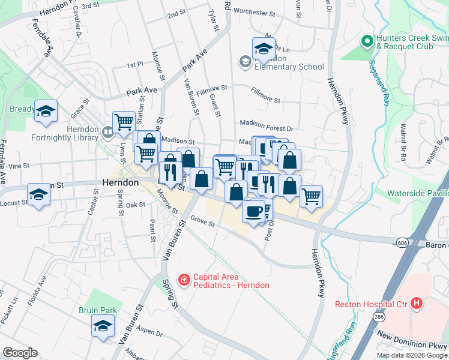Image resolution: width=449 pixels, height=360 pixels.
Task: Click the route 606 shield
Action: click(402, 241)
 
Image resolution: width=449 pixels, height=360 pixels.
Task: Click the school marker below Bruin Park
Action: click(103, 326)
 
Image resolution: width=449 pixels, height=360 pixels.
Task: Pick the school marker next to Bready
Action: click(46, 112)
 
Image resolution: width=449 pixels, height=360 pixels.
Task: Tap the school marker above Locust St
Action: click(38, 194)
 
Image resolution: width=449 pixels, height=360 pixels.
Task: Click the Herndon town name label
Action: click(120, 182)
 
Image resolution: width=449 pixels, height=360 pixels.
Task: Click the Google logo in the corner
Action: click(20, 353)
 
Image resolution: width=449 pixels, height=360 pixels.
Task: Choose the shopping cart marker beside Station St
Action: click(124, 121)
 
